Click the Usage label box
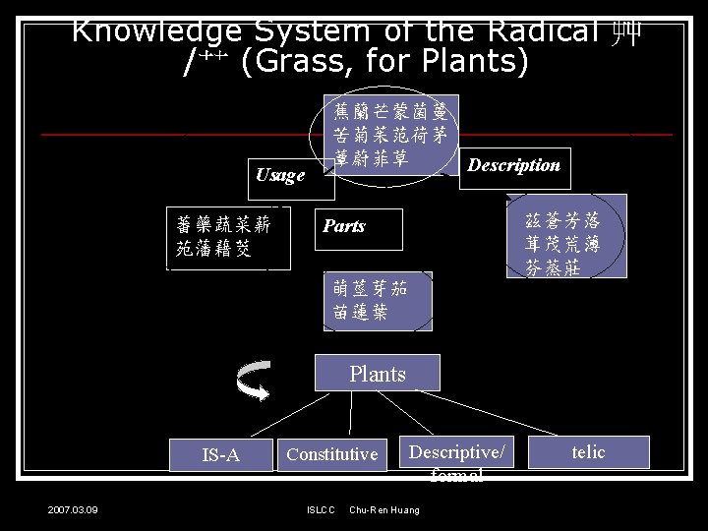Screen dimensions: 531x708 [x=281, y=175]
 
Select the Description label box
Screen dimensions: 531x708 [x=513, y=165]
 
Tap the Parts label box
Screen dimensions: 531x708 [x=357, y=226]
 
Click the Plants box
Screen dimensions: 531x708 [x=377, y=374]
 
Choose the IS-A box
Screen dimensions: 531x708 [x=220, y=454]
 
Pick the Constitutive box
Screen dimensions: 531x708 [x=331, y=453]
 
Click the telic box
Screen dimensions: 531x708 [x=588, y=452]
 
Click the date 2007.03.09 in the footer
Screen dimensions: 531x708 [x=79, y=509]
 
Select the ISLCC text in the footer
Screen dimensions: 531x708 [x=321, y=509]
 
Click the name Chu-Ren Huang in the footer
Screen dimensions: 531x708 [x=384, y=509]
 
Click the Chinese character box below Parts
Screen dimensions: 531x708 [x=377, y=300]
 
